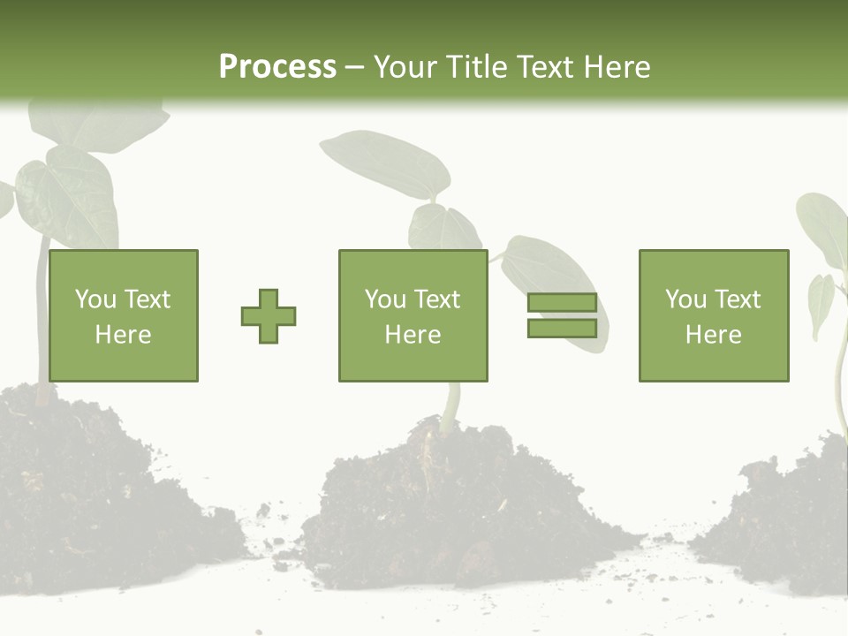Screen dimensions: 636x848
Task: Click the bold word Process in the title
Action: click(x=277, y=67)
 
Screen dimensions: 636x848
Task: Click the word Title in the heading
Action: click(x=476, y=67)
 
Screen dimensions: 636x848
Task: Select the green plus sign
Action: click(x=269, y=316)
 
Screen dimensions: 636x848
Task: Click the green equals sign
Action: click(x=562, y=315)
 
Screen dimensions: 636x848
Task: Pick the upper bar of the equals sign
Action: click(x=562, y=303)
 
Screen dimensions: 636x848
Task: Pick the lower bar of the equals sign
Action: click(x=562, y=328)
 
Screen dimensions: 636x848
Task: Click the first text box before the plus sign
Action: click(x=123, y=315)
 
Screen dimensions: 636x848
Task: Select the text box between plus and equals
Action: click(x=413, y=315)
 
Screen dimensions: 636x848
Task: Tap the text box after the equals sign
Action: click(x=713, y=315)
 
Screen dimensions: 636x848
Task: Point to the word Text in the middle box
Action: click(x=437, y=299)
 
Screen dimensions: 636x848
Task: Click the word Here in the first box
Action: click(x=123, y=335)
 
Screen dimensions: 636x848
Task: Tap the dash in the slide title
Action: click(x=354, y=68)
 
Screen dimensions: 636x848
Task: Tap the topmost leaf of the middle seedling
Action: click(x=387, y=163)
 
